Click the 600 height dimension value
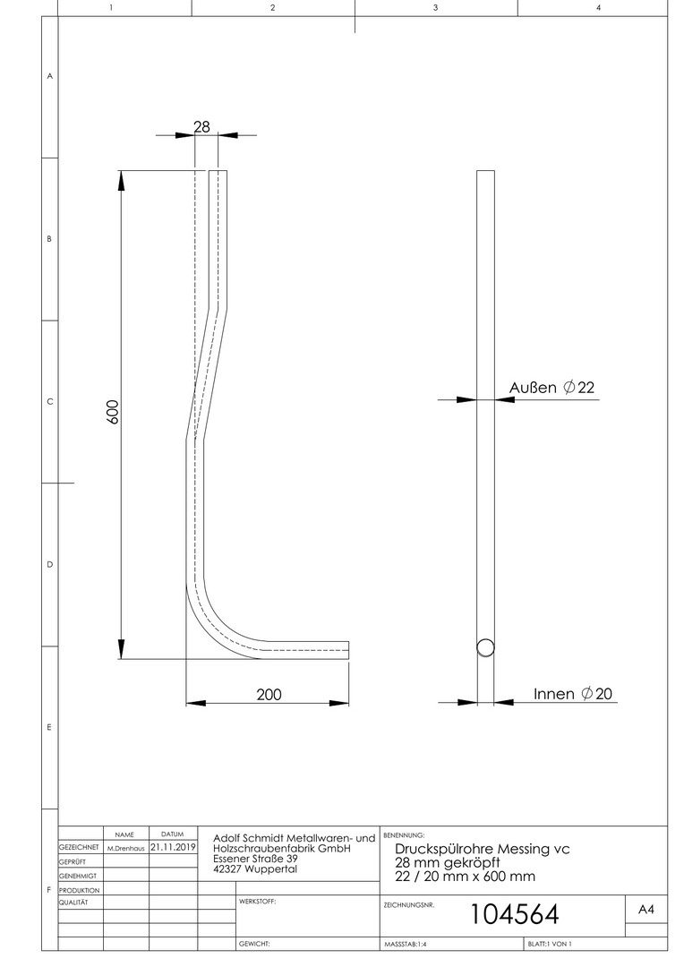[112, 411]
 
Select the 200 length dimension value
[269, 695]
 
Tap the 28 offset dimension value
[201, 126]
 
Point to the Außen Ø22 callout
[551, 388]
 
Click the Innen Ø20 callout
[573, 694]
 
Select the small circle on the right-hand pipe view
[485, 647]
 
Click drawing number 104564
[515, 914]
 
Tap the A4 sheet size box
[646, 910]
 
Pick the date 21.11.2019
[173, 847]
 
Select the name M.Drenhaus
[126, 849]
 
